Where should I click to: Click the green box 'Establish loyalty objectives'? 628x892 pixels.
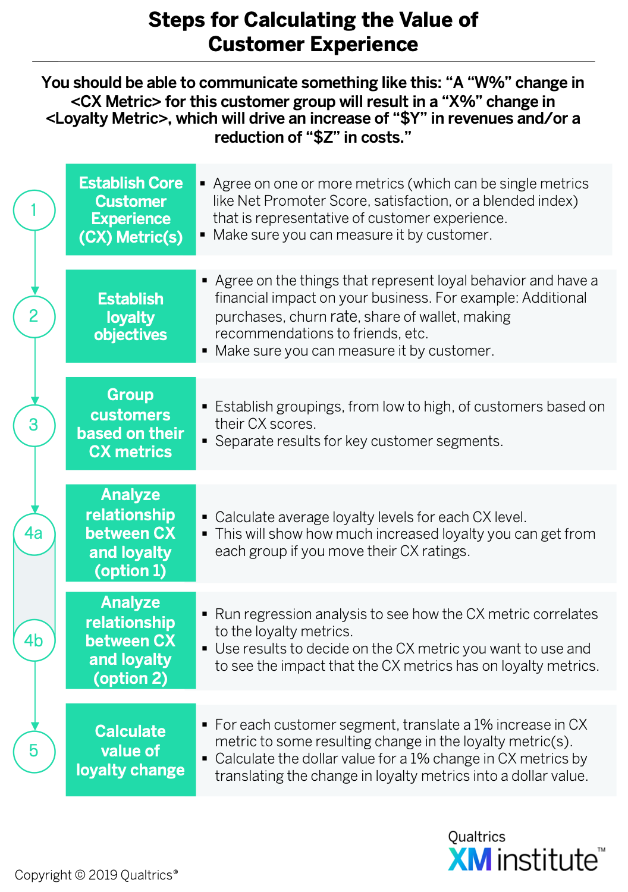point(131,316)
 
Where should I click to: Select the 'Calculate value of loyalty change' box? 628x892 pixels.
point(131,750)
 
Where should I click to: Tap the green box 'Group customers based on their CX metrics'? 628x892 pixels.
point(131,423)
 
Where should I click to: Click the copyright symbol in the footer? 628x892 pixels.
point(80,875)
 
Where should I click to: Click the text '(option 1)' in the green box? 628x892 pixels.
point(130,571)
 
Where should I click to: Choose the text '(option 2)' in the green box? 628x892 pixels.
point(130,678)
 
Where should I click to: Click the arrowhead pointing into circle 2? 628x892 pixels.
point(35,291)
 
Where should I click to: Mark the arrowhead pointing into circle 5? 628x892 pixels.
point(35,726)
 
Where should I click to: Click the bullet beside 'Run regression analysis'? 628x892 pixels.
point(205,614)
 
